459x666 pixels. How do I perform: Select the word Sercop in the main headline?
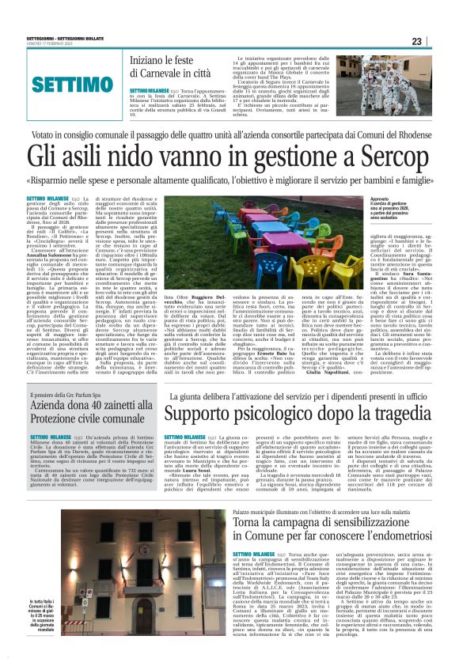(363, 156)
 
